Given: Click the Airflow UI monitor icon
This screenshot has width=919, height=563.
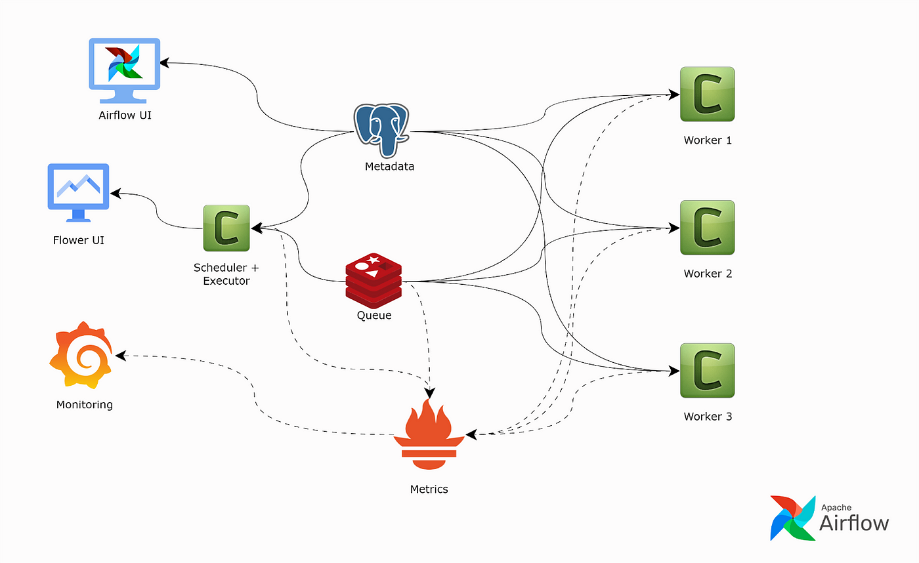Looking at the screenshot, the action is pyautogui.click(x=124, y=70).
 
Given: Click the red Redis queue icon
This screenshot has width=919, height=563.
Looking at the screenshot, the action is pyautogui.click(x=374, y=280).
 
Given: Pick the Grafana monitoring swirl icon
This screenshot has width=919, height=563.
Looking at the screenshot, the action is pyautogui.click(x=81, y=355).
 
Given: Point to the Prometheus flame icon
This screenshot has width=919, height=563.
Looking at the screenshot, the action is pyautogui.click(x=429, y=434).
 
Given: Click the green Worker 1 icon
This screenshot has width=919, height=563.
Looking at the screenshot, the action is pyautogui.click(x=708, y=94).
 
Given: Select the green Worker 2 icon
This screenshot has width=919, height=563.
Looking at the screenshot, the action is pyautogui.click(x=708, y=228).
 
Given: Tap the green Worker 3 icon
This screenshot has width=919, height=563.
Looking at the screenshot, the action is pyautogui.click(x=708, y=370).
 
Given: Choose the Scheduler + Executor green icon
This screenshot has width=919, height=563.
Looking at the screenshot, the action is pyautogui.click(x=226, y=228).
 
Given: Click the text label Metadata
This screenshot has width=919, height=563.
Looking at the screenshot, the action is pyautogui.click(x=389, y=167).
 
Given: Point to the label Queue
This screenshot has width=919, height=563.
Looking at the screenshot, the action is pyautogui.click(x=374, y=316).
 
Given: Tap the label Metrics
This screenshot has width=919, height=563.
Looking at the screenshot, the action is pyautogui.click(x=429, y=490).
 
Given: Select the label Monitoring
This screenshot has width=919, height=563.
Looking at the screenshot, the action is pyautogui.click(x=85, y=405).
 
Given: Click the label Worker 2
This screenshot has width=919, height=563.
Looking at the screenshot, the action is pyautogui.click(x=708, y=274).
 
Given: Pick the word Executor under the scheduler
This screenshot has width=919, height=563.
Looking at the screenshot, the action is pyautogui.click(x=226, y=281).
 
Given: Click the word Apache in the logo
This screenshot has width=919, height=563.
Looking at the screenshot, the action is pyautogui.click(x=836, y=508).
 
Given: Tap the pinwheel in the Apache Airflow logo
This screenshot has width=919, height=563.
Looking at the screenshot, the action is pyautogui.click(x=793, y=518).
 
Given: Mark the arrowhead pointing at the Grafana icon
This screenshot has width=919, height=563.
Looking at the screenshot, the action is pyautogui.click(x=120, y=356).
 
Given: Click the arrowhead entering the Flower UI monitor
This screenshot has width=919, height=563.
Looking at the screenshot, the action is pyautogui.click(x=116, y=193).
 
